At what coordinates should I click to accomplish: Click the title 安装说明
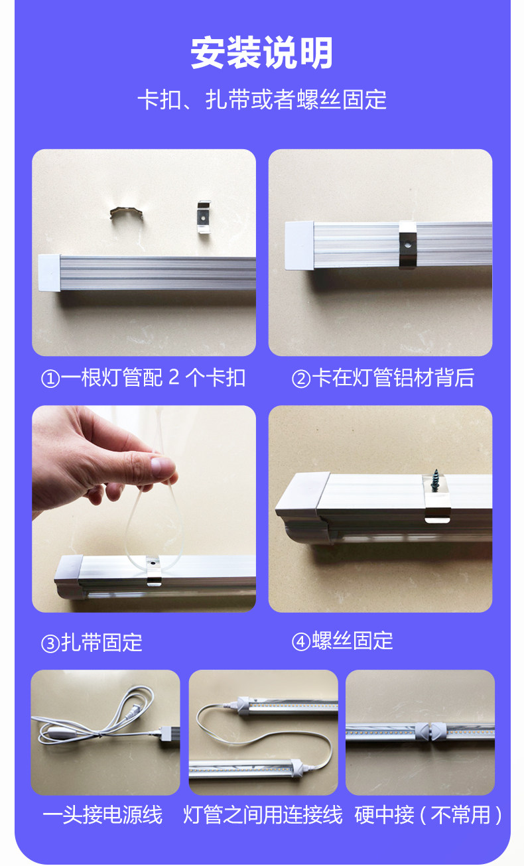[261, 53]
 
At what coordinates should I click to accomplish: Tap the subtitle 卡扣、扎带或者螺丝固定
[262, 99]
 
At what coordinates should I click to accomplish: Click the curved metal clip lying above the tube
[126, 212]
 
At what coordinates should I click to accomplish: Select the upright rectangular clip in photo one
[204, 217]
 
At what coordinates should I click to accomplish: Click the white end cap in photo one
[50, 273]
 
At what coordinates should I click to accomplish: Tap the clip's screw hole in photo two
[407, 245]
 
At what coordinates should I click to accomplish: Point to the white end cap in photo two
[299, 245]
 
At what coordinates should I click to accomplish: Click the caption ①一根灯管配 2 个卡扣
[143, 378]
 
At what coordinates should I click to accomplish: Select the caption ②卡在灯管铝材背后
[383, 378]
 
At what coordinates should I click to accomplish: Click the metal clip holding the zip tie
[153, 571]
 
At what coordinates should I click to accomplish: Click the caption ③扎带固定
[92, 643]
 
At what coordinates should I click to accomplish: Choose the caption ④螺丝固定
[342, 641]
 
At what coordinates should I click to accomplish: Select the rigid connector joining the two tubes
[430, 731]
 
